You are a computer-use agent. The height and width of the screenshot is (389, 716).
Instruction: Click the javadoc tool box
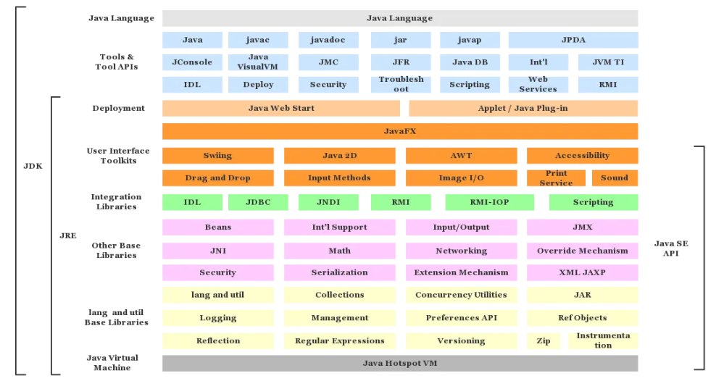tap(328, 40)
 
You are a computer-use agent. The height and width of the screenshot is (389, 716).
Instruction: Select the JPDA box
tap(573, 40)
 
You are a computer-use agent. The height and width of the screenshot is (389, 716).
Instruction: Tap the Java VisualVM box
tap(258, 62)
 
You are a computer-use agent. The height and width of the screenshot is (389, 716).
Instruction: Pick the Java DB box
tap(470, 62)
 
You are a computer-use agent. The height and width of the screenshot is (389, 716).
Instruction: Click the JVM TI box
tap(608, 62)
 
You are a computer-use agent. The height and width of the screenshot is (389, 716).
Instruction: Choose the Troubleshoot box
tap(401, 84)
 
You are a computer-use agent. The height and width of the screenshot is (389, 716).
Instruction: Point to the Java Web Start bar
tap(281, 108)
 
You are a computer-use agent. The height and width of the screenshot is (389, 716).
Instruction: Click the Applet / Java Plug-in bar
tap(523, 108)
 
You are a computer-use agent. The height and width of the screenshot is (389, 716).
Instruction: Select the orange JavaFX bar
tap(400, 131)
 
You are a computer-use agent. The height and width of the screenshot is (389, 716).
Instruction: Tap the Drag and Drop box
tap(217, 177)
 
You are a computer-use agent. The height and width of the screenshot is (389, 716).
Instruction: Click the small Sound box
tap(615, 177)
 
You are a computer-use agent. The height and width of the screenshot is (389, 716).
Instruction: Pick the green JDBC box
tap(258, 202)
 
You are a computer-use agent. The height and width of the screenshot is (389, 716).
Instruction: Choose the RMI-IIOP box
tap(490, 202)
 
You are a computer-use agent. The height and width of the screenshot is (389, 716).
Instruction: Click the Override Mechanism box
tap(583, 251)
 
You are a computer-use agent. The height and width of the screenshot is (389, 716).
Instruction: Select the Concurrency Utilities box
tap(461, 295)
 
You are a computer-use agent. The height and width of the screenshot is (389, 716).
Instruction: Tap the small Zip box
tap(544, 340)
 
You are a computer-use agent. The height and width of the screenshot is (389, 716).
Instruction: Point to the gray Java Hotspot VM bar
tap(400, 363)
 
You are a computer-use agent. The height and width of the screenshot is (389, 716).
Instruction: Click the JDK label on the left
tap(33, 166)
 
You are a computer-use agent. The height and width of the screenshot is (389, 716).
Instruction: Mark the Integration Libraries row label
tap(116, 201)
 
